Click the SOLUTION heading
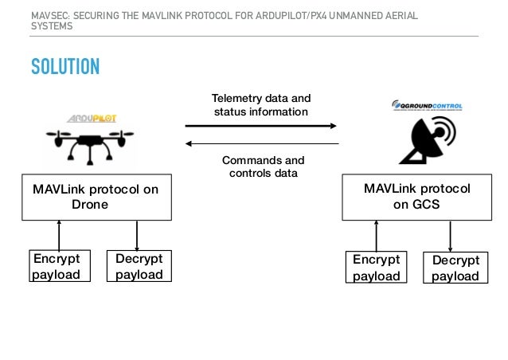tap(65, 65)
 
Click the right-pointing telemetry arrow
tap(261, 125)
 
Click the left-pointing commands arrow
tap(261, 144)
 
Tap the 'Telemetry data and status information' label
tap(261, 105)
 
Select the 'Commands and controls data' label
tap(262, 166)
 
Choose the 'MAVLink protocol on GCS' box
tap(416, 197)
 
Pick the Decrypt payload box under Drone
tap(139, 267)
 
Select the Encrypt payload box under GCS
tap(376, 268)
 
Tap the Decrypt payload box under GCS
tap(455, 268)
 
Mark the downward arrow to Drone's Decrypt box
tap(138, 236)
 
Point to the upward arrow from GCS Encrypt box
tap(375, 236)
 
